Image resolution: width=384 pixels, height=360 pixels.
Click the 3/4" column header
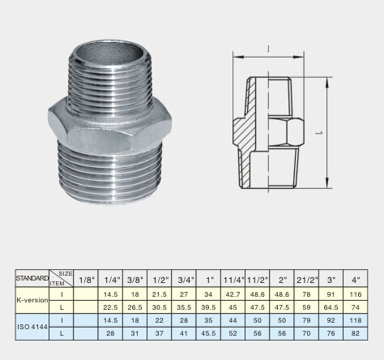coord(184,280)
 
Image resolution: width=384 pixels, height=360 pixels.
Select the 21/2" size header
coord(307,280)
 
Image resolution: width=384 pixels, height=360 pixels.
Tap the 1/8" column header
coord(86,280)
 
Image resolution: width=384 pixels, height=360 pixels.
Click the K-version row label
coord(32,300)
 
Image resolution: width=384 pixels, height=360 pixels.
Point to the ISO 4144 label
coord(32,327)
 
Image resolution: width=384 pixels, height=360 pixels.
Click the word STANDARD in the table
coord(32,278)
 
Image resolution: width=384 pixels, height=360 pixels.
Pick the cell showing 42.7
coord(233,294)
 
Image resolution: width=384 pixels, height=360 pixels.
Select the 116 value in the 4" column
coord(356,294)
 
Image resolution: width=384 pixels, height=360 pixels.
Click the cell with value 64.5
coord(331,307)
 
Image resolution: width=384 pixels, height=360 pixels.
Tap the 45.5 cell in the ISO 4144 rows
coord(208,333)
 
